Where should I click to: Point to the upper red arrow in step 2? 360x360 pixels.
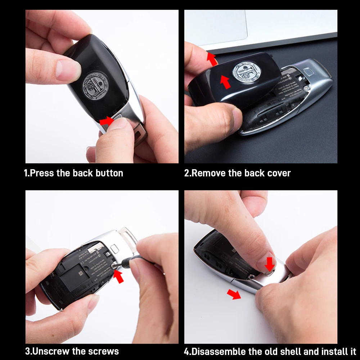pyautogui.click(x=212, y=59)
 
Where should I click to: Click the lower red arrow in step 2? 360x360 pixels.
pyautogui.click(x=225, y=82)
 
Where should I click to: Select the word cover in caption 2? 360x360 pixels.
pyautogui.click(x=279, y=173)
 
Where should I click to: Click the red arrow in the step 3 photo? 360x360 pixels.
pyautogui.click(x=118, y=276)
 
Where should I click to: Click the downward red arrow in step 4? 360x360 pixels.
pyautogui.click(x=269, y=264)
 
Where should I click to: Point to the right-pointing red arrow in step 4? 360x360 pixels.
pyautogui.click(x=234, y=294)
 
